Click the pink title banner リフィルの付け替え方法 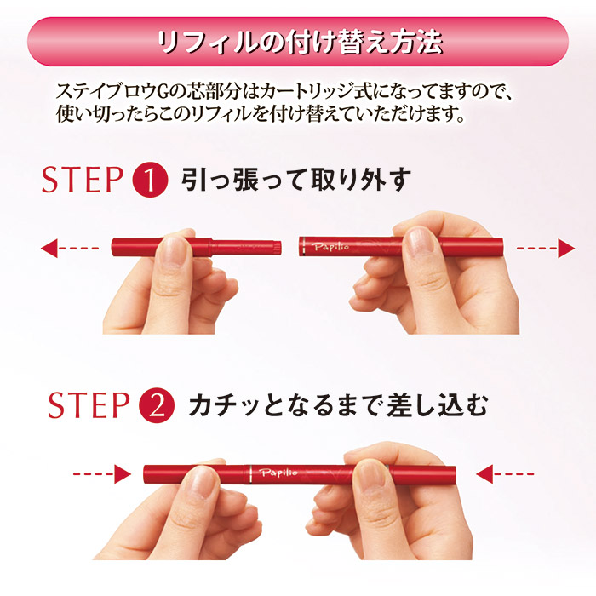298,41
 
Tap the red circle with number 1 149,181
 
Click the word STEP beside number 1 83,181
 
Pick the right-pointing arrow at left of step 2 100,473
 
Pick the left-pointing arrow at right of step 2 505,473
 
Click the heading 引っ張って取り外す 296,181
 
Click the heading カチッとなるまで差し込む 339,405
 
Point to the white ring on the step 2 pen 249,473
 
